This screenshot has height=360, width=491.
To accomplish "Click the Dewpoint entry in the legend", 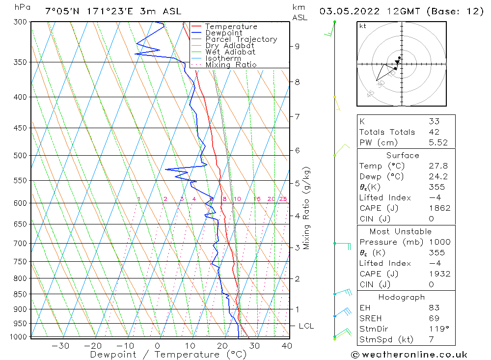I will coord(223,33).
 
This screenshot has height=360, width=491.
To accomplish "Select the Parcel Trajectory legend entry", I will coord(241,39).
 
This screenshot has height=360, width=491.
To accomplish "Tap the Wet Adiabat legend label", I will coord(230,52).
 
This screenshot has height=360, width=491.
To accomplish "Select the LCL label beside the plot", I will coord(306,326).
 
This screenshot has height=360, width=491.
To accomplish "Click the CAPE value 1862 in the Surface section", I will coord(438,208).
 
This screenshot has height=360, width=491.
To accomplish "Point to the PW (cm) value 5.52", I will coord(438,142).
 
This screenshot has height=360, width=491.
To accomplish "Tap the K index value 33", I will coord(434,121).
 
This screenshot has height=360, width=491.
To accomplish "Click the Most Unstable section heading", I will coord(401,231).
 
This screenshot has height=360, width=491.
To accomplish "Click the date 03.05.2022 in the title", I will coord(350,11).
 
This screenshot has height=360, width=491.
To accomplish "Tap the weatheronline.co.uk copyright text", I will coord(409,354).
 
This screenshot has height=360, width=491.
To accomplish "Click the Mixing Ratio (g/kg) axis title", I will coord(307,208).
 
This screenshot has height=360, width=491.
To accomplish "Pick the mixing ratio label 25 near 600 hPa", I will coord(283,199).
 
